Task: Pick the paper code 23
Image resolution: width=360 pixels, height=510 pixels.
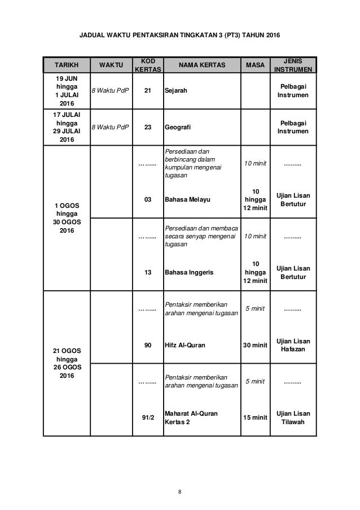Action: click(x=148, y=127)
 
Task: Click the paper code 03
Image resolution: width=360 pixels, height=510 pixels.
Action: click(x=148, y=200)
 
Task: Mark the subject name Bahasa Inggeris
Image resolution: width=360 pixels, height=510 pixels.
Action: click(x=189, y=272)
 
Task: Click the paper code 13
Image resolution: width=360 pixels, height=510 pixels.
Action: click(x=148, y=272)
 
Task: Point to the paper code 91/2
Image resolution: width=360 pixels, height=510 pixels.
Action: click(x=148, y=417)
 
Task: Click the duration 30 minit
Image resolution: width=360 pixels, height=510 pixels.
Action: click(x=255, y=345)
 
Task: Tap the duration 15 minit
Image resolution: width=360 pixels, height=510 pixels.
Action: click(x=255, y=417)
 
